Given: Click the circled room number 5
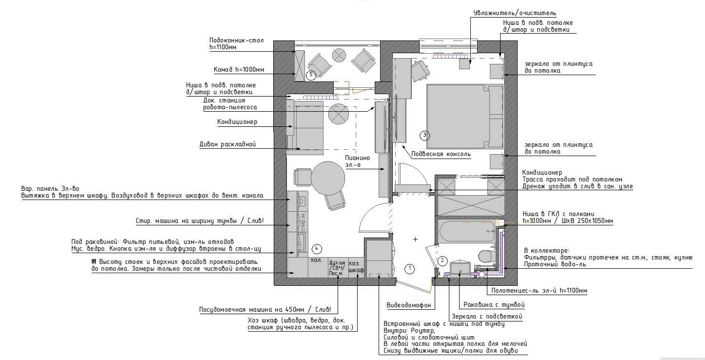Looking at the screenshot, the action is coord(311,75).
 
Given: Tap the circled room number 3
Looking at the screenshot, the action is coord(424,135).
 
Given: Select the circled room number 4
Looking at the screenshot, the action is coord(317,249).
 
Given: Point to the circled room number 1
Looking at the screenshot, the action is coord(410,269).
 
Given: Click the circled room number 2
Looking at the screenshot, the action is coord(443,260).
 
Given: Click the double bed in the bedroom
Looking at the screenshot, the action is coord(465,116).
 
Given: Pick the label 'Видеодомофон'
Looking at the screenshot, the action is coord(408,305).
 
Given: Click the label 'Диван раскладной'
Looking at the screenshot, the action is coord(227,144).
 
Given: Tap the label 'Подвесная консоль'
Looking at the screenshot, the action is coord(441,154).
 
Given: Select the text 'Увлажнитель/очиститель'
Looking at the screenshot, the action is coord(515,13).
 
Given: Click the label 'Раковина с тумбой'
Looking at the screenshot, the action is coord(494,305).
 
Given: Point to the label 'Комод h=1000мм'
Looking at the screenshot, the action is coord(239,70).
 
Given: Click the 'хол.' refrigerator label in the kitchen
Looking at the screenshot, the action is coord(316,260).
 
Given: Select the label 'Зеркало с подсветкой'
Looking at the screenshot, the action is coord(487,316).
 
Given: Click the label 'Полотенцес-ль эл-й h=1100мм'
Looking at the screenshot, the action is coord(539,291).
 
